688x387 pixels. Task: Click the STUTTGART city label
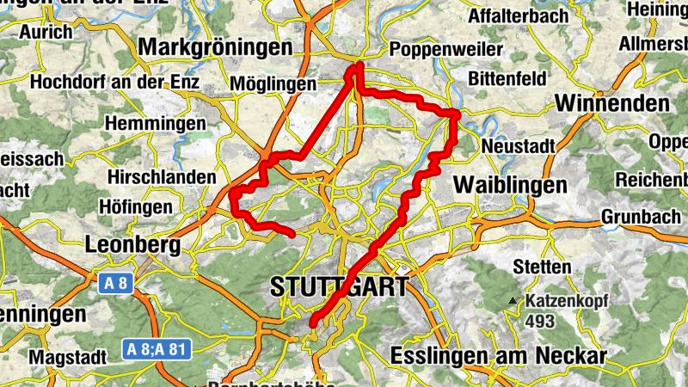339,286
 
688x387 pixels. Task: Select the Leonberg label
132,245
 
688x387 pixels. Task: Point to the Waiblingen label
510,185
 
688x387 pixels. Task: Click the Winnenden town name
611,103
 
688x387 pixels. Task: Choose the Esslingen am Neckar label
498,355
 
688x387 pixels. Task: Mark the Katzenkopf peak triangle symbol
513,301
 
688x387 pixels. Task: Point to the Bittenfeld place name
507,79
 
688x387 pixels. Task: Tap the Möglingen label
273,83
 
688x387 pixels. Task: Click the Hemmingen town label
156,124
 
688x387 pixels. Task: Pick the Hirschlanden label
162,176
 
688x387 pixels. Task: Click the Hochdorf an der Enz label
114,83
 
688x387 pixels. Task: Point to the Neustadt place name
519,146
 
